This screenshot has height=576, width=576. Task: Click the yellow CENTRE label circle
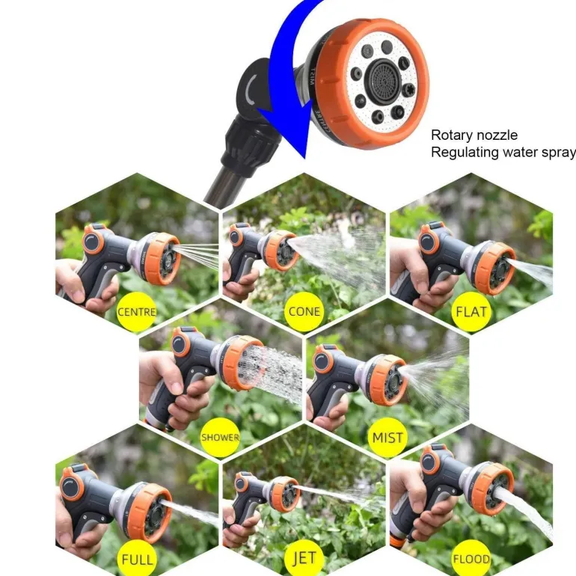click(137, 312)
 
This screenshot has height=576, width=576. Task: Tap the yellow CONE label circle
click(304, 312)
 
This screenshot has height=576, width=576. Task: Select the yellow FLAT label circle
click(471, 312)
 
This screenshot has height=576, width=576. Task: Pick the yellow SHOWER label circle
click(220, 437)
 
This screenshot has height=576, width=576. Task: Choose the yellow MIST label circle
click(387, 437)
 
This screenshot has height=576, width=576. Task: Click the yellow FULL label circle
click(137, 559)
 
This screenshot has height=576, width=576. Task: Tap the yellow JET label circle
click(304, 559)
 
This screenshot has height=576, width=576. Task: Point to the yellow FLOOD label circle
click(471, 559)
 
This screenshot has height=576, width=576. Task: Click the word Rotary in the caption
click(451, 135)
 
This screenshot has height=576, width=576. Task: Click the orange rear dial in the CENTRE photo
click(92, 240)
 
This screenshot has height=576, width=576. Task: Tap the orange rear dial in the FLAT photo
click(429, 239)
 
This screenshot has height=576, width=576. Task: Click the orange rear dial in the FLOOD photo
click(431, 461)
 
